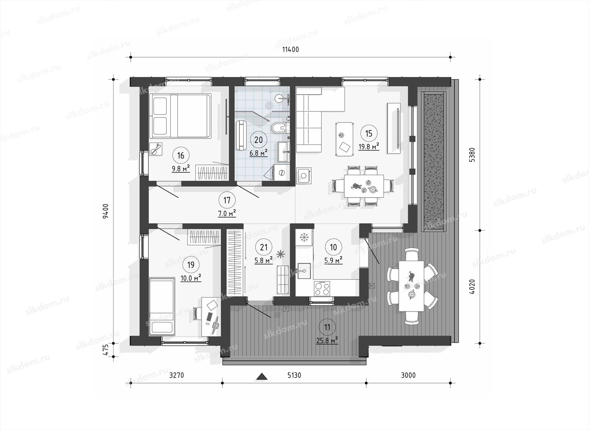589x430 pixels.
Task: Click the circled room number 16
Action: point(181,155)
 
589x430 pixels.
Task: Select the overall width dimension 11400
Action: point(291,49)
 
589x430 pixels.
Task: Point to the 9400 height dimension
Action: point(106,211)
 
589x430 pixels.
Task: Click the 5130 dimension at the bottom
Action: point(294,375)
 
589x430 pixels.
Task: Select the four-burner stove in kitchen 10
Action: point(322,288)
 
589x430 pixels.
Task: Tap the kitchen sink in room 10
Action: point(304,271)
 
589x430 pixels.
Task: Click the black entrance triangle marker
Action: point(262,376)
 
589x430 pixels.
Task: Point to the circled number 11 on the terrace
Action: point(327,327)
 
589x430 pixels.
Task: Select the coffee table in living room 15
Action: point(344,139)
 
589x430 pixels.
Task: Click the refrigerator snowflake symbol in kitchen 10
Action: point(304,237)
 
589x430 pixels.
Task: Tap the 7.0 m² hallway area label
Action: point(227,213)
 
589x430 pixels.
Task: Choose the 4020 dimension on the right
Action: point(472,287)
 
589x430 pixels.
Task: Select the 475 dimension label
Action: point(106,350)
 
